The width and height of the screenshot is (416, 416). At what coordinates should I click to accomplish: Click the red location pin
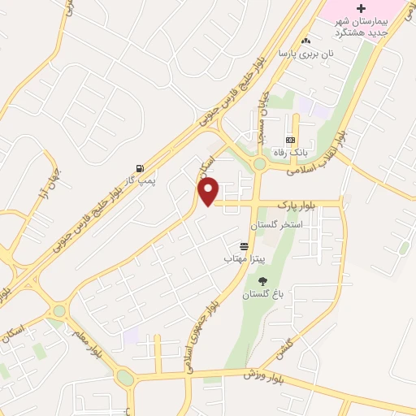point(210,191)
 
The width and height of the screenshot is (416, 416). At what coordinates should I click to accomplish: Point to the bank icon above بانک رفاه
point(290,141)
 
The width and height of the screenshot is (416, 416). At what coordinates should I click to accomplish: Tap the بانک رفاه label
point(290,153)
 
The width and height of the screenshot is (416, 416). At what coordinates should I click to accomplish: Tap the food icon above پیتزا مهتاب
point(244,245)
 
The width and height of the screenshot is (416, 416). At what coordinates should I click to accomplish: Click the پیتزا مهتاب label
point(240,258)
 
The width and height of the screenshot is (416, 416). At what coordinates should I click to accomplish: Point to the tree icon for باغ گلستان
point(262,281)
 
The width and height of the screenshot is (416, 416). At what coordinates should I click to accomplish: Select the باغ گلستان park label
point(260,294)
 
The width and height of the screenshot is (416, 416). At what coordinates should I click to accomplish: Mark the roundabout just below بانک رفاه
point(259,164)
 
